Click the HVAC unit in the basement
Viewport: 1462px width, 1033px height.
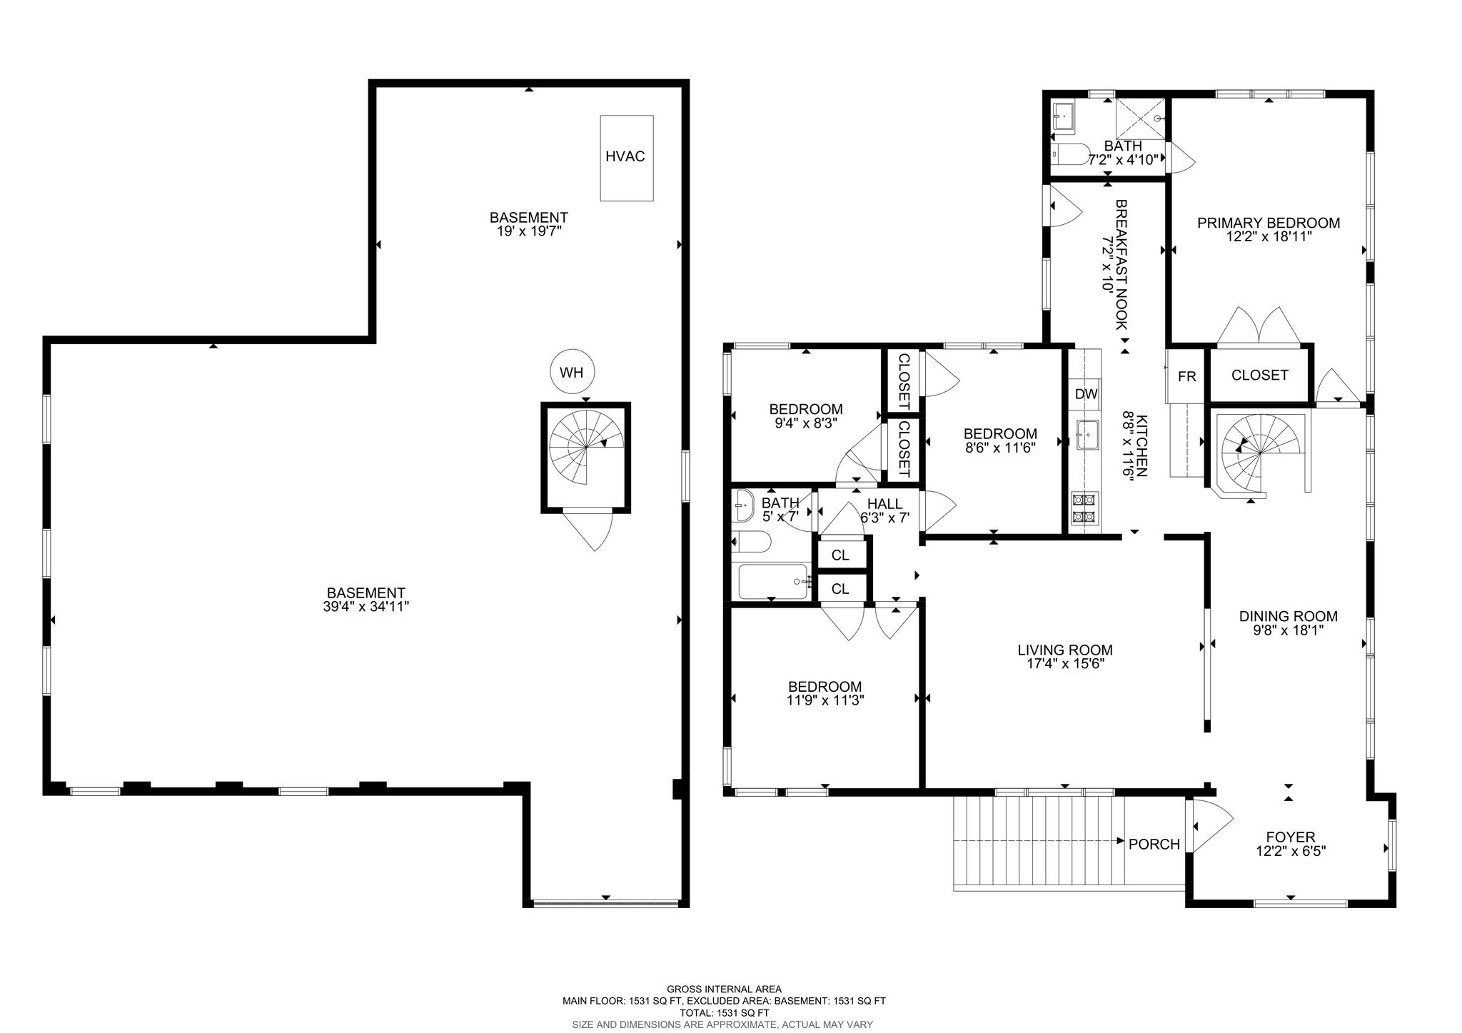pos(625,158)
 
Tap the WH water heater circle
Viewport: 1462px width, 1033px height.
pos(571,372)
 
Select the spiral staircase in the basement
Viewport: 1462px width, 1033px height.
pos(585,447)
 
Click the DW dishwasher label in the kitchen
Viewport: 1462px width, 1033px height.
pos(1087,393)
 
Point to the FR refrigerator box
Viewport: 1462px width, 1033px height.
pos(1186,376)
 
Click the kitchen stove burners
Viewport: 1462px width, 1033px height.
pos(1085,508)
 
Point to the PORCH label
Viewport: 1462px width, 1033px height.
pos(1154,844)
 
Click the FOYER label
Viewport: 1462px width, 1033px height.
pos(1291,837)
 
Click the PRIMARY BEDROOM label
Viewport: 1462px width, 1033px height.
pos(1269,223)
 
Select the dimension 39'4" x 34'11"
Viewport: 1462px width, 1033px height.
pos(366,607)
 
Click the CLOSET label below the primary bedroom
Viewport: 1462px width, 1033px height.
pos(1260,375)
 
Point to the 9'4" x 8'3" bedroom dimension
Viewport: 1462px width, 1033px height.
pos(806,423)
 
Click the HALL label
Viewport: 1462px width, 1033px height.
pos(884,504)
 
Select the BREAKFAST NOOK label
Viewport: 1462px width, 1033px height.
pos(1121,265)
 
